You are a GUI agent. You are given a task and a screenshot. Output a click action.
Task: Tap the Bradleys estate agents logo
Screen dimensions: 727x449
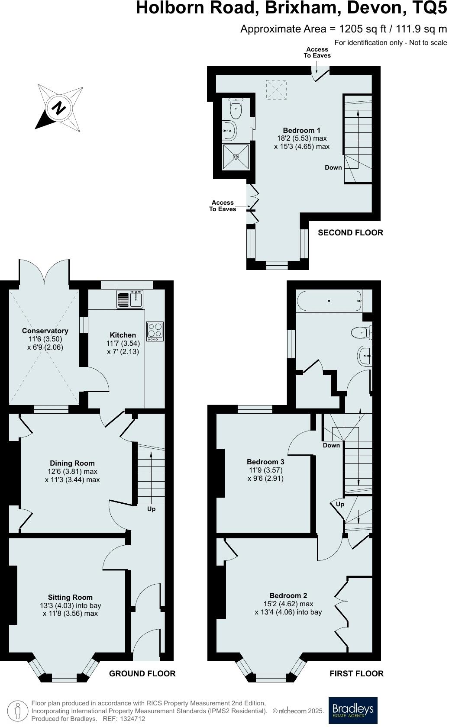click(353, 710)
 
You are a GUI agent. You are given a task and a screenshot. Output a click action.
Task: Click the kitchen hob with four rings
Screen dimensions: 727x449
click(155, 331)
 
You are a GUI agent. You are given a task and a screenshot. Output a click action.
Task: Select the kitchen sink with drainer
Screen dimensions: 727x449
click(130, 299)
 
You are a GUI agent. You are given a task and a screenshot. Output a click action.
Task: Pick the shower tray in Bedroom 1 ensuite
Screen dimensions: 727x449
click(236, 157)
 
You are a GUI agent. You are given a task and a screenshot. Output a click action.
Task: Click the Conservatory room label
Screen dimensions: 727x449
click(45, 331)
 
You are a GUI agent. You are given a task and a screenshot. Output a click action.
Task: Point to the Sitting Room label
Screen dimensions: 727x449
click(70, 597)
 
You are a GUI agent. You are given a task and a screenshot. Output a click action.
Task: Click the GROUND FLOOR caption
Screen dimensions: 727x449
click(142, 673)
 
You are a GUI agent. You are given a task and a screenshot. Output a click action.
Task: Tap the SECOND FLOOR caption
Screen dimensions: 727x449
click(350, 233)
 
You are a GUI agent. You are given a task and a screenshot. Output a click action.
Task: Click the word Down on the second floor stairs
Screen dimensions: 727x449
click(333, 167)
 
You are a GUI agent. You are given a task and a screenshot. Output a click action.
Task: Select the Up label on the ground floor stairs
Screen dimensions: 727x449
click(151, 509)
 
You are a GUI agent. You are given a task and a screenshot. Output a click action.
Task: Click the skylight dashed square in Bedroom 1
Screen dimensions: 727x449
click(276, 90)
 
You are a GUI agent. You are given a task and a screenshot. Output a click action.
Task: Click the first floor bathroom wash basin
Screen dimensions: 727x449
click(365, 356)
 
